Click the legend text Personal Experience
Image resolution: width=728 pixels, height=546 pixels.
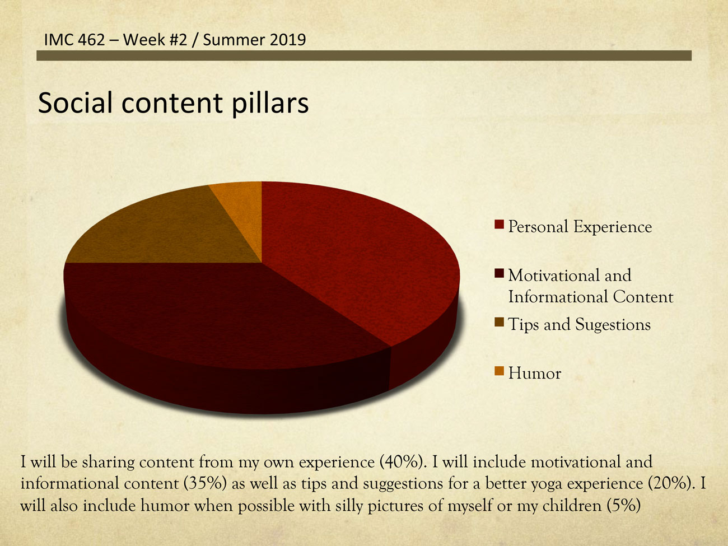(x=580, y=227)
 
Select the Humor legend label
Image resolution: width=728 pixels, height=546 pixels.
(x=535, y=374)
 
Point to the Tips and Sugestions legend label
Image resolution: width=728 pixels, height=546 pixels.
(x=579, y=325)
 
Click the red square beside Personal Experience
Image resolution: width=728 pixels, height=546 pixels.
(x=499, y=225)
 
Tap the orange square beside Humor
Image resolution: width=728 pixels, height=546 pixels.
(x=499, y=371)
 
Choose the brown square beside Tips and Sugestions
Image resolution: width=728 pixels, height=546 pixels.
(x=499, y=322)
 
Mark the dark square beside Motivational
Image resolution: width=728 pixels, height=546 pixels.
(x=499, y=273)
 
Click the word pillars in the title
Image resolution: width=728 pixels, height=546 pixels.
(x=270, y=104)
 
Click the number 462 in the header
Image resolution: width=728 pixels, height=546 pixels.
(x=91, y=40)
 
